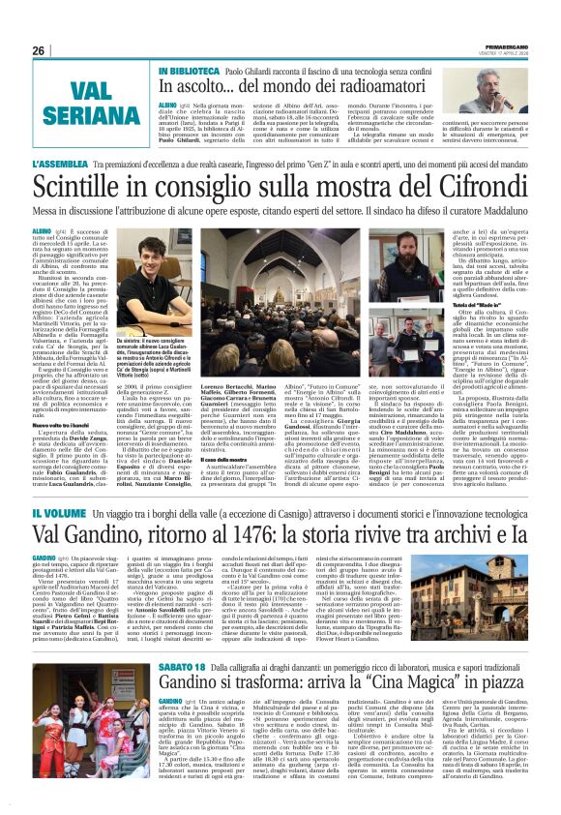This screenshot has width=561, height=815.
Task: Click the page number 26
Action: pos(39,50)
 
